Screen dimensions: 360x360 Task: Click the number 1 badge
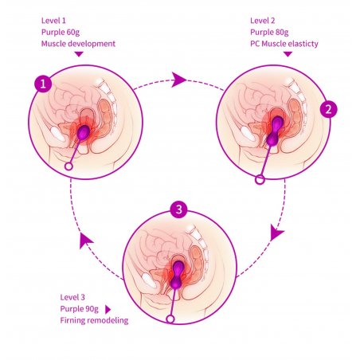coord(43,84)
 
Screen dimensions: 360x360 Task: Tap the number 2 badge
coord(328,109)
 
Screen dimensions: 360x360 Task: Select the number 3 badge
coord(179,209)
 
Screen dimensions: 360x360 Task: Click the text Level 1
coord(53,21)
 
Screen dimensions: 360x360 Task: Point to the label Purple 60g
coord(61,33)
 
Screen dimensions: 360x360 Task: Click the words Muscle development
coord(78,44)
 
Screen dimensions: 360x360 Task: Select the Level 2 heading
coord(263,21)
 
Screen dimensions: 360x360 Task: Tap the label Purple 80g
coord(269,33)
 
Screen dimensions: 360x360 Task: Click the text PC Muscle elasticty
coord(284,44)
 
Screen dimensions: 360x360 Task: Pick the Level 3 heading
coord(72,297)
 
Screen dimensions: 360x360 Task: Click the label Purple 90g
coord(80,309)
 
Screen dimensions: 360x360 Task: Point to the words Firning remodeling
coord(94,320)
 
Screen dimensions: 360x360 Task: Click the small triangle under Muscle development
coord(79,54)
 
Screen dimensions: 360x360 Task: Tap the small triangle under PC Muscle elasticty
coord(288,54)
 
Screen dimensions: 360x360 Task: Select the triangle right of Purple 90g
coord(108,310)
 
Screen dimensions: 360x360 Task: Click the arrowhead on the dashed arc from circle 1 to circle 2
coord(178,80)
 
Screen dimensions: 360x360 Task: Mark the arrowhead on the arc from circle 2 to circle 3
coord(276,233)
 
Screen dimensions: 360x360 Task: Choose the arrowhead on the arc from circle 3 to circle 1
coord(85,241)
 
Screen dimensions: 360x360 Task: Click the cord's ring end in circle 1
coord(68,166)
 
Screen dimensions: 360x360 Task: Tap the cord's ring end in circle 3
coord(170,319)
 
